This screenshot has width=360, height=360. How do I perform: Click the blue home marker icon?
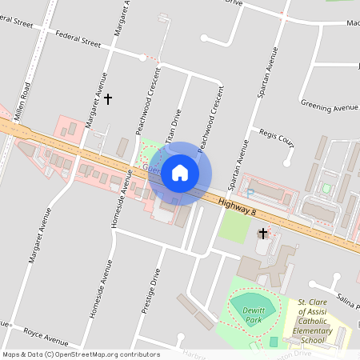(180, 173)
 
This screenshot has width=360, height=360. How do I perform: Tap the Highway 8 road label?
(237, 210)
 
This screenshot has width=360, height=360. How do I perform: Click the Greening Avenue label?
(328, 106)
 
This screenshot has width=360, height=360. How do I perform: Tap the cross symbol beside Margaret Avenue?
(109, 99)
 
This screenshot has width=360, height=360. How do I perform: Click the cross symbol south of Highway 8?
(262, 234)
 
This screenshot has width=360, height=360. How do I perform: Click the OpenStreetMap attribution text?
(81, 354)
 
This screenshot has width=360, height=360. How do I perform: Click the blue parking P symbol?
(250, 193)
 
